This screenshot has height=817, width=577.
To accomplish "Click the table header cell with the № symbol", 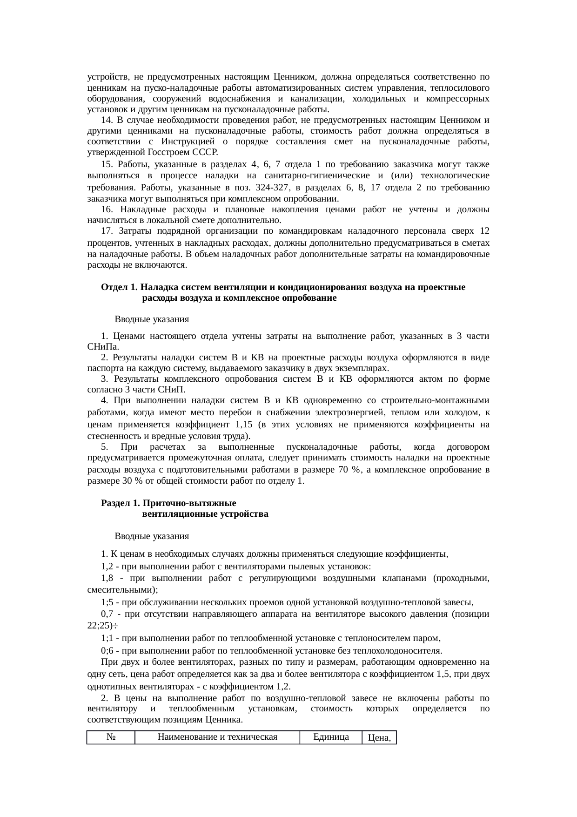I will click(x=111, y=736).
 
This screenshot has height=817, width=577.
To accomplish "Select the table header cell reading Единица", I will click(x=331, y=736).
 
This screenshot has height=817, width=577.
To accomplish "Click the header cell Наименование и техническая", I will click(x=217, y=736).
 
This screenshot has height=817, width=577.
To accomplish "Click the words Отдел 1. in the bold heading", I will click(x=119, y=287).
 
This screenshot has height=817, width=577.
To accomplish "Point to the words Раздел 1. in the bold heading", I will click(x=121, y=503).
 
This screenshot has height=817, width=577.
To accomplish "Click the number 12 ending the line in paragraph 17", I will click(x=484, y=231).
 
